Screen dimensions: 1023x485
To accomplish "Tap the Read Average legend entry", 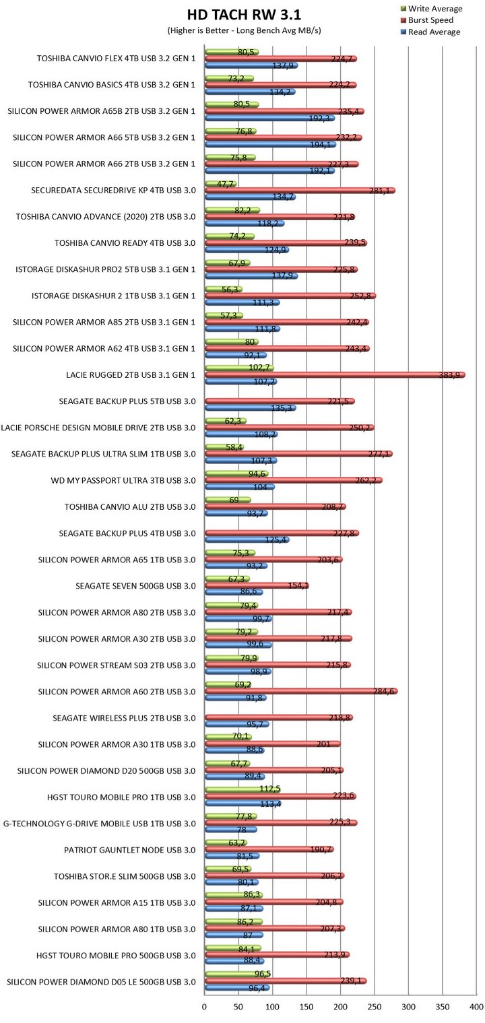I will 434,32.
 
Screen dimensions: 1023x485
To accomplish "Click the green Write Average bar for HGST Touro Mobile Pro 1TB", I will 243,789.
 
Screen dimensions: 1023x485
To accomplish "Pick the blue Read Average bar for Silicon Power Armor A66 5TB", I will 270,144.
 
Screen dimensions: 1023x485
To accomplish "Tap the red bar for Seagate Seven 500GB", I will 257,586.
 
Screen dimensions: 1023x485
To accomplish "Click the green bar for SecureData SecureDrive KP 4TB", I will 220,183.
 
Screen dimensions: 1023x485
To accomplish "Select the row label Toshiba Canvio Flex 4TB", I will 116,59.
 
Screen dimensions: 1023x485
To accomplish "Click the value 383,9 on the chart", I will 453,375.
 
